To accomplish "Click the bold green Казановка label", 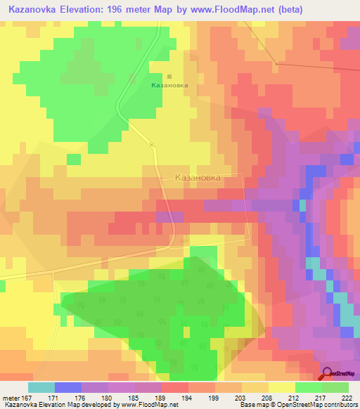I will click(169, 85).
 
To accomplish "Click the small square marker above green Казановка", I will click(169, 77).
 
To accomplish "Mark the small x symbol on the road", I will click(151, 145).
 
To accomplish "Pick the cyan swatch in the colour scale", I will click(41, 387).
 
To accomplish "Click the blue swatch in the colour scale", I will click(67, 387).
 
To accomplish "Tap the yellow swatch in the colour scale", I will click(282, 387).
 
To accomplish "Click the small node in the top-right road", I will click(278, 64).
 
